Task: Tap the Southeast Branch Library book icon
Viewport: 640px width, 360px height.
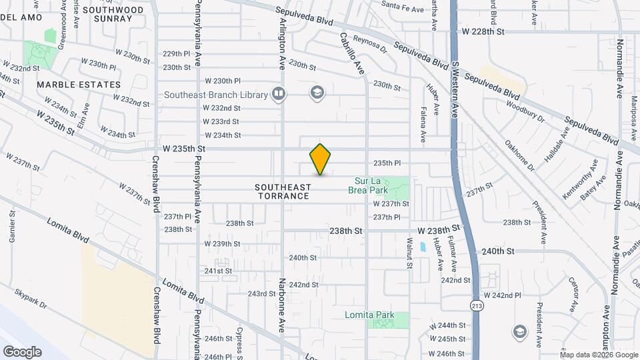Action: pos(279,94)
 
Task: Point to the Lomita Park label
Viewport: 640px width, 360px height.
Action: pos(369,315)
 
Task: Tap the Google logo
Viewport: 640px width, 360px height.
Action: pos(23,351)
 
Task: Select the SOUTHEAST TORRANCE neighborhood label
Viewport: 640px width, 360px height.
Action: pos(283,192)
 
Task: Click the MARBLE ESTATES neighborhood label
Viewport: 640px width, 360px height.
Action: pos(79,85)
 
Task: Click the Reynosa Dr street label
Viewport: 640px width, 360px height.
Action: pos(370,44)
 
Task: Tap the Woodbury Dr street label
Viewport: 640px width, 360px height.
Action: pos(526,113)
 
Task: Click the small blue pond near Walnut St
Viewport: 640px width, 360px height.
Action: pos(423,247)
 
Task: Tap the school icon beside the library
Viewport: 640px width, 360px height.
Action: pos(317,92)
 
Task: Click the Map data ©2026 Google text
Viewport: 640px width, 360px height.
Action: pos(598,355)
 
